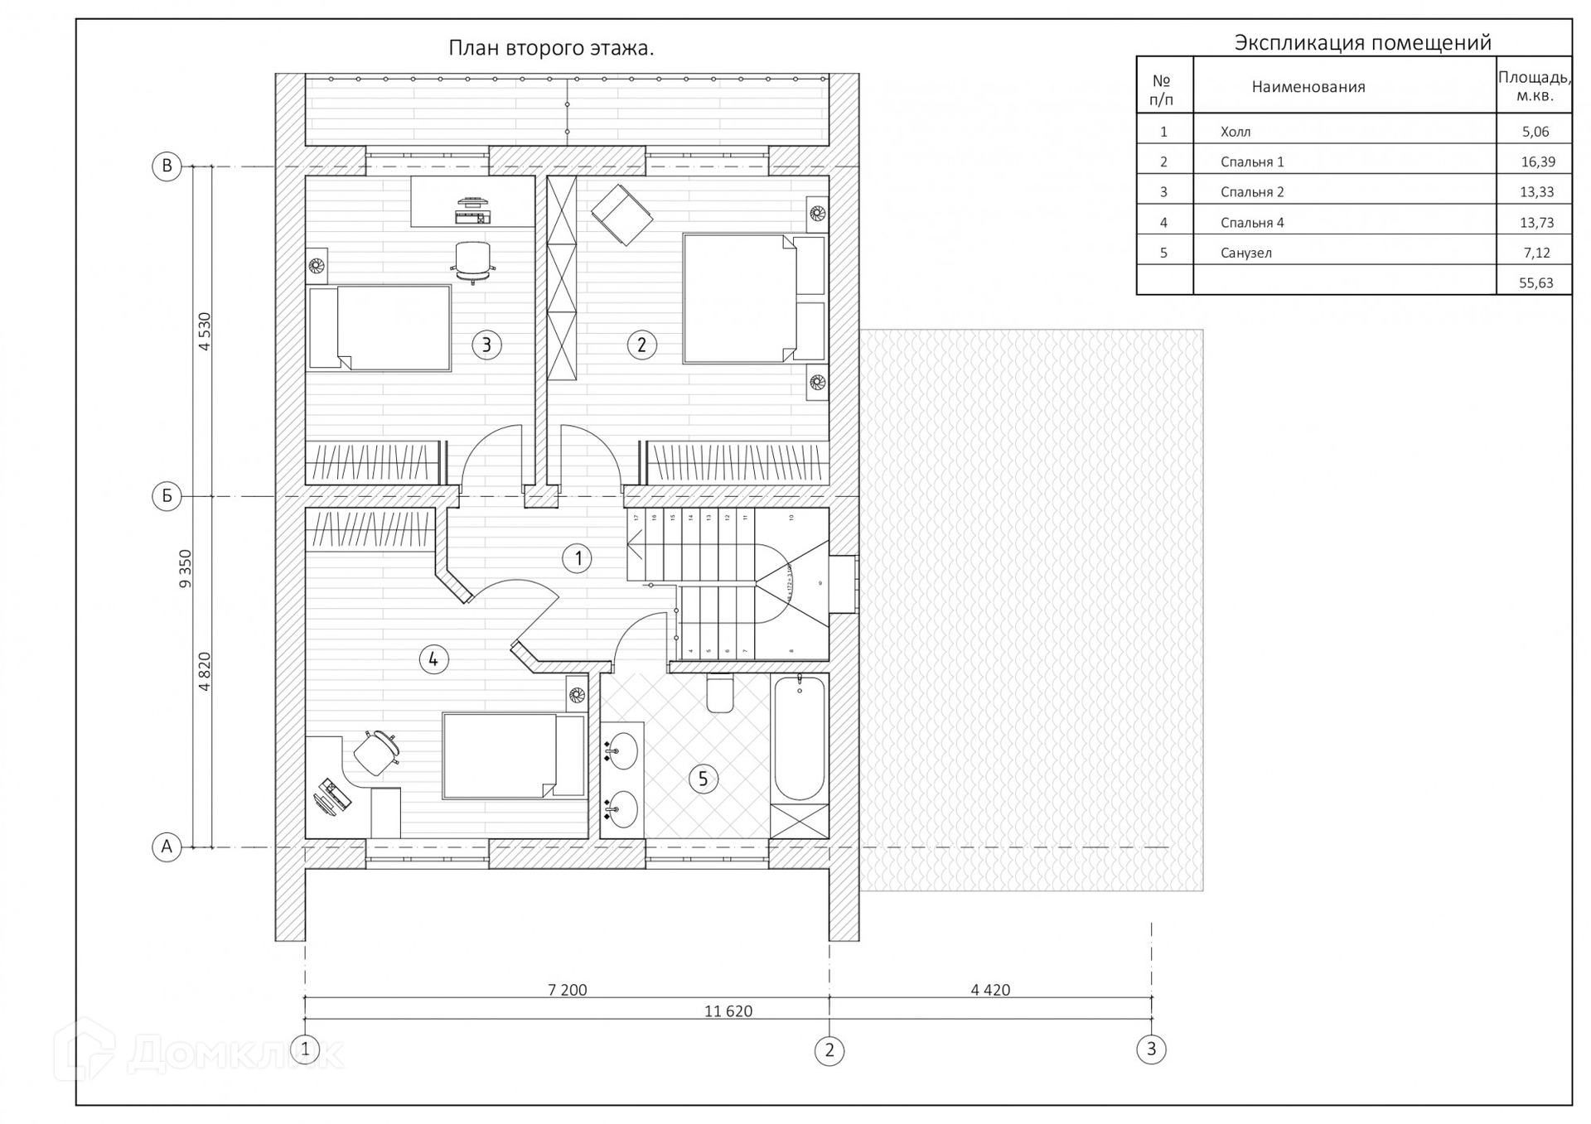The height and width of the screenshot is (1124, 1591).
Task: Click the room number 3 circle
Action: tap(486, 345)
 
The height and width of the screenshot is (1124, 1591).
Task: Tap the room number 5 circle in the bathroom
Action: tap(703, 779)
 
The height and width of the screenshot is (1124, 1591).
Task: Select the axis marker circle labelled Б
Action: tap(167, 496)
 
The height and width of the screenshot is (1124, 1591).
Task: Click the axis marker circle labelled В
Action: tap(167, 166)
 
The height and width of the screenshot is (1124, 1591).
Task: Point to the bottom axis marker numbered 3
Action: tap(1151, 1049)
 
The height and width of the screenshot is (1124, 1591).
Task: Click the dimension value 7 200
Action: tap(567, 990)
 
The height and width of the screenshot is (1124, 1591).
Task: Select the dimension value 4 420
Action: tap(990, 990)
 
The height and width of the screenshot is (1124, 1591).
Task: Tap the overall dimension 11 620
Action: tap(728, 1011)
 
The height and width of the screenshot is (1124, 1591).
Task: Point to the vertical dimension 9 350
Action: tap(186, 568)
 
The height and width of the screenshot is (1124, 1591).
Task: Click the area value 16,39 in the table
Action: tap(1537, 162)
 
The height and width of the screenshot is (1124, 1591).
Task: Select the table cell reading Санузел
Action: tap(1245, 253)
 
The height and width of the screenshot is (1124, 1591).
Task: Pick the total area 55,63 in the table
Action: tap(1535, 283)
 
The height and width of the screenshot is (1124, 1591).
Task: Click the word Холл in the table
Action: tap(1236, 133)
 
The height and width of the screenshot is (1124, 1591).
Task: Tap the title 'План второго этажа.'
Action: tap(551, 48)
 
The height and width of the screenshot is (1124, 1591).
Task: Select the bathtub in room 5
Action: tap(799, 737)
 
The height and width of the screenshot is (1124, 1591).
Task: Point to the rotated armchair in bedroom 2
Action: tap(621, 215)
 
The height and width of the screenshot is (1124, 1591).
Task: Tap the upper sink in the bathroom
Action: tap(621, 751)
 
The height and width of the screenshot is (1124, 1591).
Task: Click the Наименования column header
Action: tap(1308, 87)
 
